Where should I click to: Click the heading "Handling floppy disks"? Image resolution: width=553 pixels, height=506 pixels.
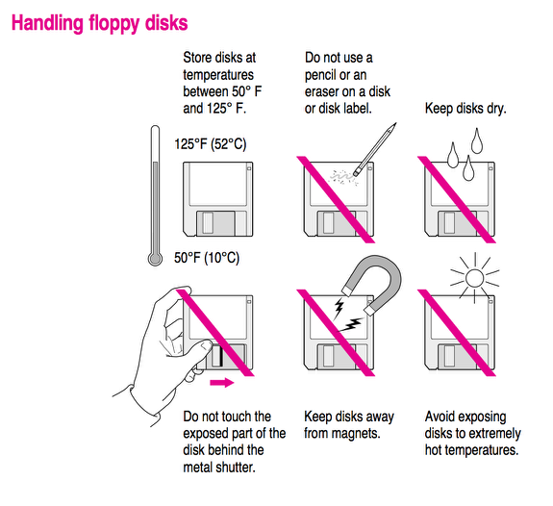[x=99, y=21]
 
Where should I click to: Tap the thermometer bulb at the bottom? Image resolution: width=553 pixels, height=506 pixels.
[x=155, y=257]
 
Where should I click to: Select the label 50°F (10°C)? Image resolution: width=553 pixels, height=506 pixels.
[x=207, y=258]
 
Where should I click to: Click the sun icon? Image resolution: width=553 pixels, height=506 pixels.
[x=471, y=279]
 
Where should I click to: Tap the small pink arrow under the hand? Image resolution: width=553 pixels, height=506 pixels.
[x=221, y=383]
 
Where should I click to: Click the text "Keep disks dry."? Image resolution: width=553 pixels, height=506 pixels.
[x=465, y=109]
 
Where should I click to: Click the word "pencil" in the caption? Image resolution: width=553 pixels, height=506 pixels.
[x=326, y=75]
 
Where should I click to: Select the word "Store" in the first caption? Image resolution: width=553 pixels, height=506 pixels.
[x=199, y=59]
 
